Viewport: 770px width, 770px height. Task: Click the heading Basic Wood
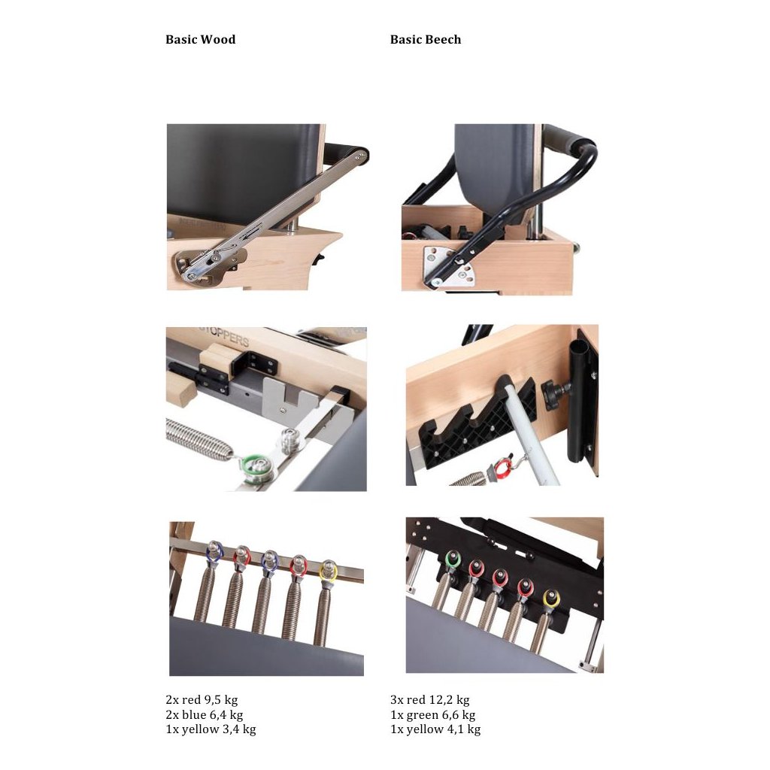tap(200, 39)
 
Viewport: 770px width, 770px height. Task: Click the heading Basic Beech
tap(426, 39)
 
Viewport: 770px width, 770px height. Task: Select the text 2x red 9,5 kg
tap(202, 700)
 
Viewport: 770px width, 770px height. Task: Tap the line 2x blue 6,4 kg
tap(205, 714)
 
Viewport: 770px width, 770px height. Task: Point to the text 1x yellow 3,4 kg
tap(211, 729)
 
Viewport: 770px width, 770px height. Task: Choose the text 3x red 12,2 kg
tap(429, 700)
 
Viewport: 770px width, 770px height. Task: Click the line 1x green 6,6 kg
tap(432, 714)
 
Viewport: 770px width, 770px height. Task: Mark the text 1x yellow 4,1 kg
tap(435, 729)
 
